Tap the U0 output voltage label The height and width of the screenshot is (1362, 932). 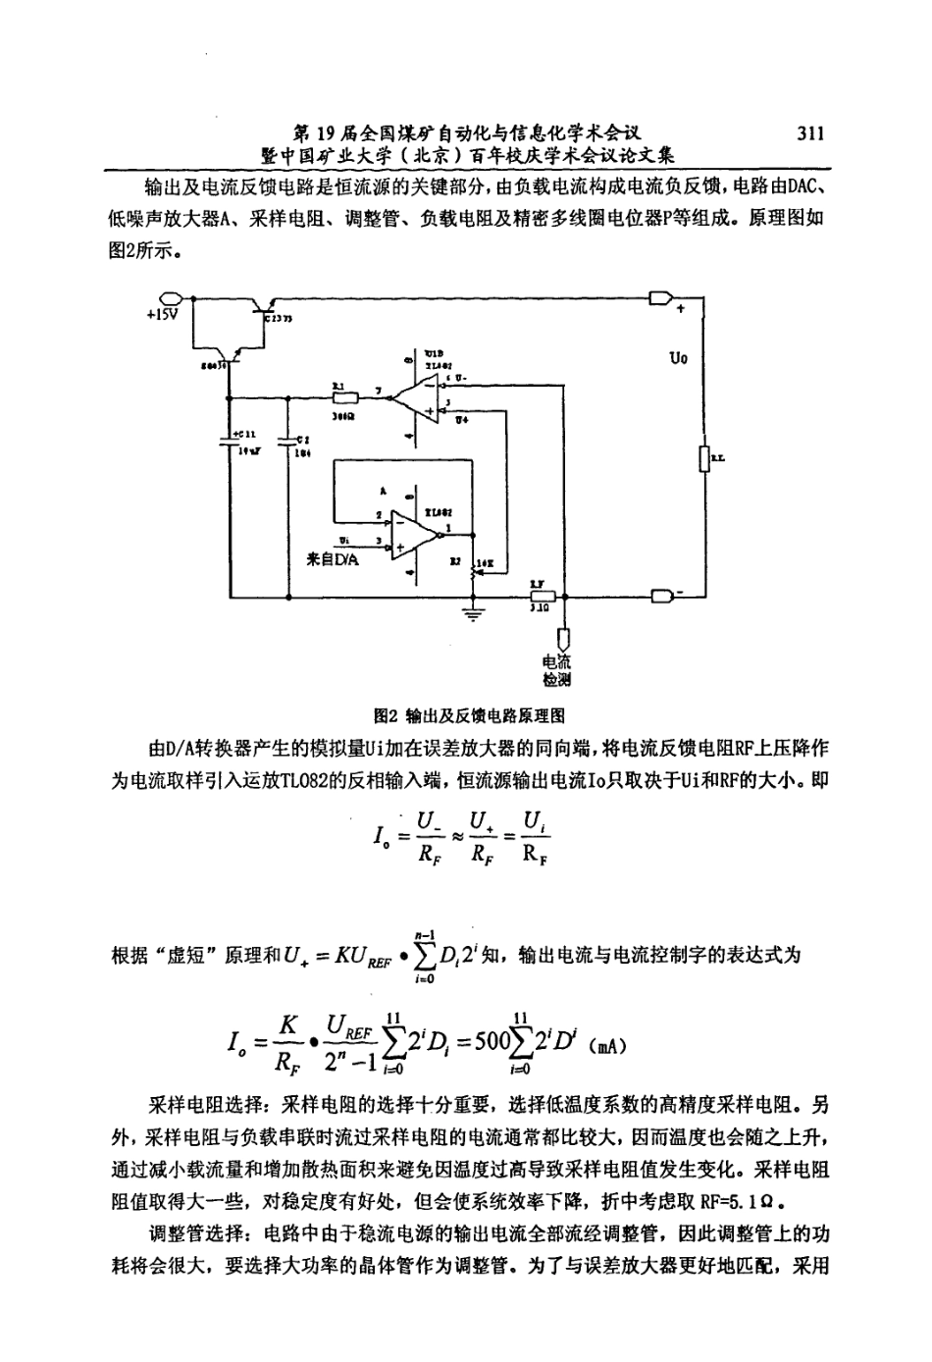click(680, 358)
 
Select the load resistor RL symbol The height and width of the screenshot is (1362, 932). click(703, 458)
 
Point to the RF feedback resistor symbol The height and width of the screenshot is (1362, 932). click(543, 596)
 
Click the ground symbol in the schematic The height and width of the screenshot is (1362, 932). click(476, 614)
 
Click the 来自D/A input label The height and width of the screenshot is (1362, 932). click(334, 559)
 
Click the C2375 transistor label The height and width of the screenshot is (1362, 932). click(285, 319)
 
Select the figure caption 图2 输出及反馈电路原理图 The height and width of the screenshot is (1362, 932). click(466, 715)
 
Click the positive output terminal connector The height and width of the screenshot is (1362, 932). click(660, 298)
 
